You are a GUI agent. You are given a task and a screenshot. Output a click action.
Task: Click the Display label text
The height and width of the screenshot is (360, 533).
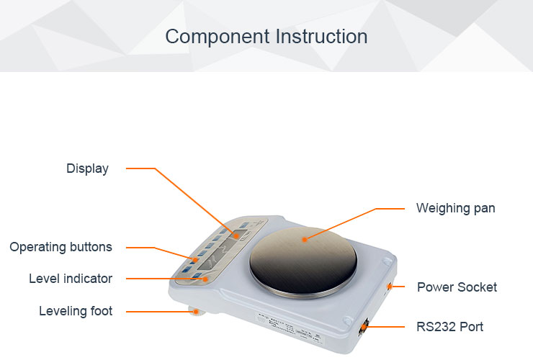pos(87,169)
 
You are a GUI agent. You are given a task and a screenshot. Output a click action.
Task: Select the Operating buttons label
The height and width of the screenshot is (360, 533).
pos(61,247)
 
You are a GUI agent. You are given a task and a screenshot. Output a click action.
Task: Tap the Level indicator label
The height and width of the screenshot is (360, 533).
pos(71,279)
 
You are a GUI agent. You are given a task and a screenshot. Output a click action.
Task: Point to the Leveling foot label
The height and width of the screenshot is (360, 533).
pos(76,311)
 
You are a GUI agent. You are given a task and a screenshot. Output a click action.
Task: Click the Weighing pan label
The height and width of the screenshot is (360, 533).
pos(456,208)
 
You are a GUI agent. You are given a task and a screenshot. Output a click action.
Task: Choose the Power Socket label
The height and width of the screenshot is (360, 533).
pos(457,287)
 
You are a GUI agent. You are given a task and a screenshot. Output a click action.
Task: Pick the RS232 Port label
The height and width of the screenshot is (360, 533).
pos(449,327)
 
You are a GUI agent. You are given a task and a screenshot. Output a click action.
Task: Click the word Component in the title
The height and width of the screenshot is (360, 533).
pos(218,37)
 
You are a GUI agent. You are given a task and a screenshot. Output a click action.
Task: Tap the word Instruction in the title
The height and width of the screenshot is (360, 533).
pos(321,37)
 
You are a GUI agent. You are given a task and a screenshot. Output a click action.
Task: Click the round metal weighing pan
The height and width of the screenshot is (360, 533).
pos(303,262)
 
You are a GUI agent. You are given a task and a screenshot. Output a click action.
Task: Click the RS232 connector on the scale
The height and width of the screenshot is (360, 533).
pos(364,328)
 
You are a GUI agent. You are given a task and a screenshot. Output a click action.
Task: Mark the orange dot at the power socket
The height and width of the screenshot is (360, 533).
pos(390,287)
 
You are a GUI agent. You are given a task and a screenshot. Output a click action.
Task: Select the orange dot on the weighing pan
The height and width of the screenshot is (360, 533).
pos(305,240)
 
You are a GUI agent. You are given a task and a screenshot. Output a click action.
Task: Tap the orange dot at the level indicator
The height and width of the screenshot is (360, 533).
pos(205,279)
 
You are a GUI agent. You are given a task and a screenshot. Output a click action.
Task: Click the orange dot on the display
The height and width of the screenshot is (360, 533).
pos(236,235)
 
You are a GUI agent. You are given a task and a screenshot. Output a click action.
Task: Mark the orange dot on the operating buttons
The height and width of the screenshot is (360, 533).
pos(195,261)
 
